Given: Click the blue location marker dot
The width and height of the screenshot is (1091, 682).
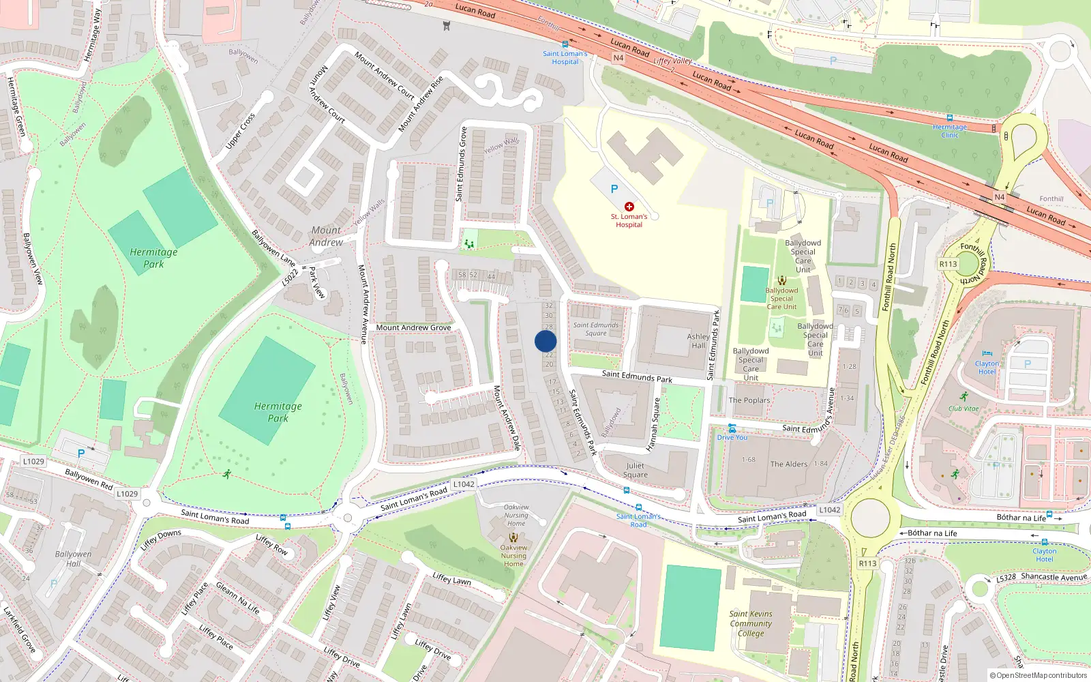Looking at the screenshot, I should (545, 341).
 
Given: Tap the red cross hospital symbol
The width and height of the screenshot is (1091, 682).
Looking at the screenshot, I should (629, 206).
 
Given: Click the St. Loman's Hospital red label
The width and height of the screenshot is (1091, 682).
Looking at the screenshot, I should (629, 220).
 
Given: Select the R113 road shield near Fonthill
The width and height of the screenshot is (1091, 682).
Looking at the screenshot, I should (948, 264).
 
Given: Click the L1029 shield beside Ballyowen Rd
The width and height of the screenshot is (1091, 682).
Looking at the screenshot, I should (33, 461).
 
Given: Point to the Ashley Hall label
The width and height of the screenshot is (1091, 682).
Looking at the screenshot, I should (698, 341).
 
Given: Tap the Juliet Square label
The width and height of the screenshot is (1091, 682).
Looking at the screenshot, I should (635, 470).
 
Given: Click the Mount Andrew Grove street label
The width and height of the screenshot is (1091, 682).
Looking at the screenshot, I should (413, 327).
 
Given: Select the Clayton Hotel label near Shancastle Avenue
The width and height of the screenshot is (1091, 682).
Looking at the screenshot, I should (1044, 555).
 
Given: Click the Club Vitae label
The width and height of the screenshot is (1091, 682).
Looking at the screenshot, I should (963, 409).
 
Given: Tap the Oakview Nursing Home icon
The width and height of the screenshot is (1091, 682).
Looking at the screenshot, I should (513, 537).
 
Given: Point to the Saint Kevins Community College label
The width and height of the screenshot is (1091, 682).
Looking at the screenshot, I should (751, 623).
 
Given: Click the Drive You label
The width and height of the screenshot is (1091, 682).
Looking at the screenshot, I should (732, 437).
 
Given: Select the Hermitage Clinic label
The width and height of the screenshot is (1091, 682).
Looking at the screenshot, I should (950, 130).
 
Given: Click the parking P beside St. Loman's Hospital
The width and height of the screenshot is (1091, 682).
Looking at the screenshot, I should (614, 189).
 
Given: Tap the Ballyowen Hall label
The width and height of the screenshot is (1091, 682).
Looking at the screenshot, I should (73, 559).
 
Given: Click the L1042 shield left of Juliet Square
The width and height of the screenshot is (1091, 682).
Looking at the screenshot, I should (464, 484).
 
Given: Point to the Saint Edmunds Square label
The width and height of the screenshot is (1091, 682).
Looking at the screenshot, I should (595, 329).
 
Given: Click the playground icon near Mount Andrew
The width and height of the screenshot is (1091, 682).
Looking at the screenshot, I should (469, 243).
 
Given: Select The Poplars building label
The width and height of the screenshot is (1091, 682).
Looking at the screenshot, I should (749, 400).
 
